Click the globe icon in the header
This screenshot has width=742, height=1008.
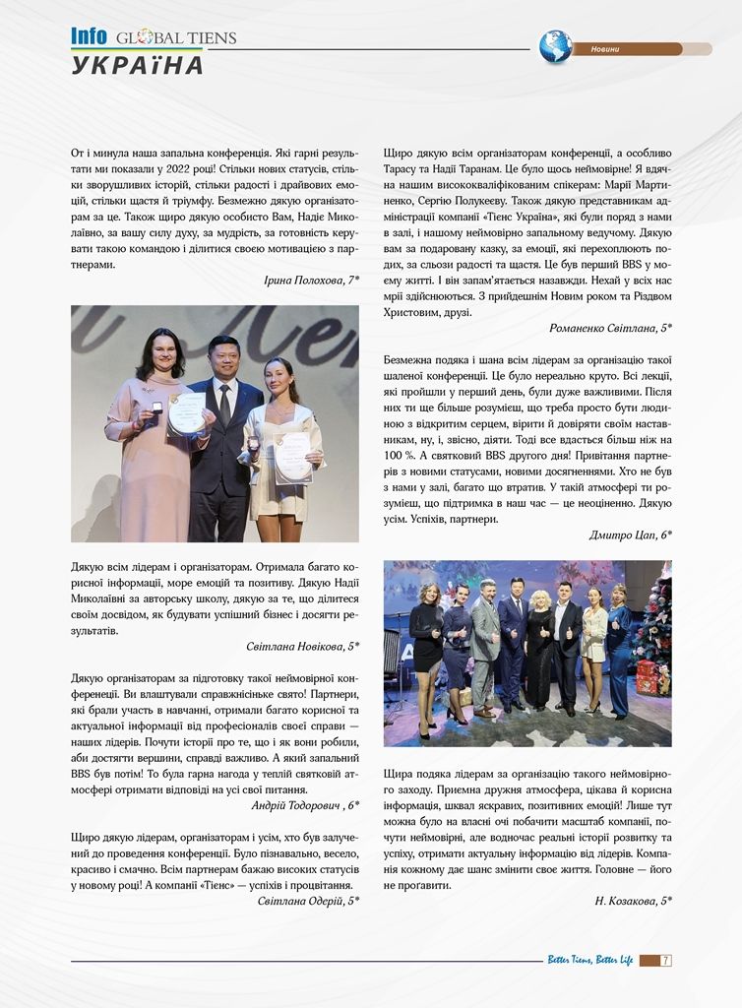pos(555,47)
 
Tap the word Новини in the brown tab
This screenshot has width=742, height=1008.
pos(605,49)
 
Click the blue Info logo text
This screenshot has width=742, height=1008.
pos(89,36)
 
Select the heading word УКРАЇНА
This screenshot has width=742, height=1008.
pos(138,66)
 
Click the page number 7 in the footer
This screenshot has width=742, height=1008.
pos(666,960)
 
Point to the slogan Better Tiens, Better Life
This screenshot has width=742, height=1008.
pos(589,960)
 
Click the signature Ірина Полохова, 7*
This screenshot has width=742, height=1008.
pos(311,281)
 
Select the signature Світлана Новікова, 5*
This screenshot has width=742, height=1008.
pos(302,646)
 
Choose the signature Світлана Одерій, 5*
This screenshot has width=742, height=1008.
pos(308,901)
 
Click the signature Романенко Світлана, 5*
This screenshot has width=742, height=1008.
pos(610,328)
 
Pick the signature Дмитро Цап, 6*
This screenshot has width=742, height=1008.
pos(630,535)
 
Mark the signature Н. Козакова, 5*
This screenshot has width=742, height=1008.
pos(633,901)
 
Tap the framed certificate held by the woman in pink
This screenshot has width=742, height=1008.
pos(186,413)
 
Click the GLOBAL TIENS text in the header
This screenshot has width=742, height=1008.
pos(175,38)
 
